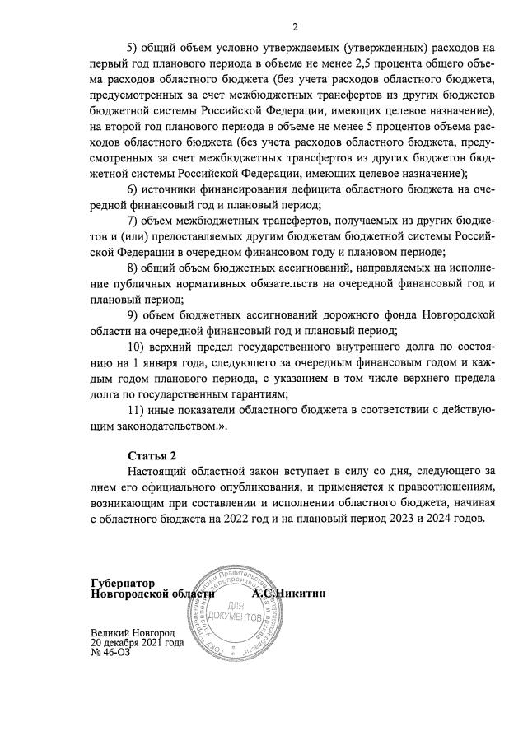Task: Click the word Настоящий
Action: click(160, 472)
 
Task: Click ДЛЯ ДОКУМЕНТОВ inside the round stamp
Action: click(236, 610)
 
